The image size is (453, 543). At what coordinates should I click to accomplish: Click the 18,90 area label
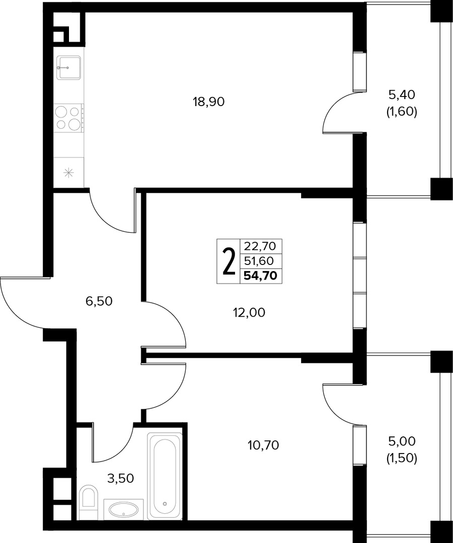click(209, 102)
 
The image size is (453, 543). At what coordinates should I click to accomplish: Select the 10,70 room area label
click(263, 445)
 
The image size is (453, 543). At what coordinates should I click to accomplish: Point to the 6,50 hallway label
click(99, 301)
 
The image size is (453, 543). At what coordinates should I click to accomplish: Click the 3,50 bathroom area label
click(121, 478)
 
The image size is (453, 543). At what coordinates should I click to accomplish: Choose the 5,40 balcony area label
click(402, 94)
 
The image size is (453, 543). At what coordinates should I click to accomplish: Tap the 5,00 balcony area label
click(402, 441)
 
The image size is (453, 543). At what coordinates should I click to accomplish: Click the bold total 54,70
click(260, 276)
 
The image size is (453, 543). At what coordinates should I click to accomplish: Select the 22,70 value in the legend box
click(260, 246)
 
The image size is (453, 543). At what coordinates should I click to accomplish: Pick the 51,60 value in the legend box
click(259, 261)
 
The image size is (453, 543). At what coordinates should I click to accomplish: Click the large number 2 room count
click(229, 261)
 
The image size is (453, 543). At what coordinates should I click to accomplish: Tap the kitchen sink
click(68, 67)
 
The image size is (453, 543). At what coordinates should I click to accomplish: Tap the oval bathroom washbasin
click(124, 509)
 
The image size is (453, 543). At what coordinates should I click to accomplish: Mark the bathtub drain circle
click(165, 504)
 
